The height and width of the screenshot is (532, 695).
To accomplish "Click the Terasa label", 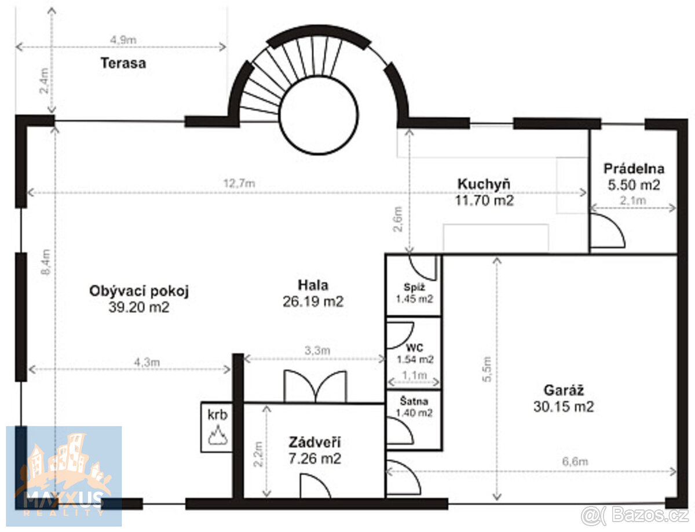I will tap(123, 64).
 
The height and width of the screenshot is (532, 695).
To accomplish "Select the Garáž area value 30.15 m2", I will tap(564, 407).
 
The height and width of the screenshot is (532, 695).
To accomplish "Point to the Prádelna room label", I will tap(634, 169).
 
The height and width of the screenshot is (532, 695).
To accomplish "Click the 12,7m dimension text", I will tap(239, 184).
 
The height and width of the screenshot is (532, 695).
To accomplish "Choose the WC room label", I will tap(415, 348).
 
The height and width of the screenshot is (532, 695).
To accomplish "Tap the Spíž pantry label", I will tap(415, 287).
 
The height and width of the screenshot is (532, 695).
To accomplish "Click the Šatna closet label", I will tap(415, 401).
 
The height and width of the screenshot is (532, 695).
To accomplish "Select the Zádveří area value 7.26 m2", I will tap(314, 459).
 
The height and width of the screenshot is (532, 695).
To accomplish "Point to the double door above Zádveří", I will tap(315, 387).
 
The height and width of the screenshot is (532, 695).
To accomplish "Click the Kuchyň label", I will tap(484, 184).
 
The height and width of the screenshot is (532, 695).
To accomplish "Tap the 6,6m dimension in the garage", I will tap(576, 462).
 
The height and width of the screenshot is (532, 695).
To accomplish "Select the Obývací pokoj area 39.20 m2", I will tap(139, 308).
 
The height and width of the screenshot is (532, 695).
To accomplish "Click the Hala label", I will tap(313, 285).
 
